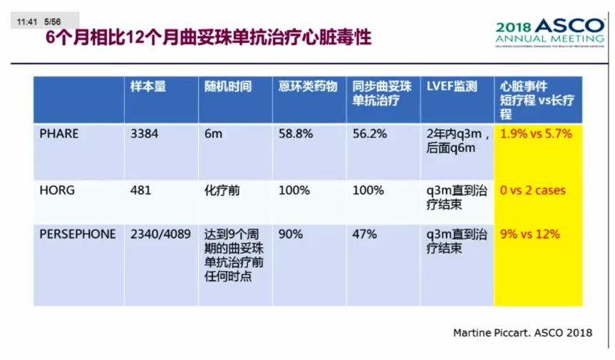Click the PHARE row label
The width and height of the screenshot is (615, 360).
[59, 133]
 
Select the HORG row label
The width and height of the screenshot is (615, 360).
[56, 191]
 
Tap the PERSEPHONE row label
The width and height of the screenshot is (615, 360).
[77, 235]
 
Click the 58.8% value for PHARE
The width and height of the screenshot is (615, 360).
[294, 133]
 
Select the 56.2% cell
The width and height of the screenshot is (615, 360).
[369, 133]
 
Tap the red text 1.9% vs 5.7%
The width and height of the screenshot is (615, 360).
[536, 133]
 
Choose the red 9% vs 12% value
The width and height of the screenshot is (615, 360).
[530, 235]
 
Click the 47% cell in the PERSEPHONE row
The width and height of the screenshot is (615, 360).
[363, 235]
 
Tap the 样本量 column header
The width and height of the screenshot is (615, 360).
[148, 86]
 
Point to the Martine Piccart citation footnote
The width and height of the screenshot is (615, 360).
[522, 333]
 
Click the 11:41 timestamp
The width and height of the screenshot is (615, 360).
[27, 22]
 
